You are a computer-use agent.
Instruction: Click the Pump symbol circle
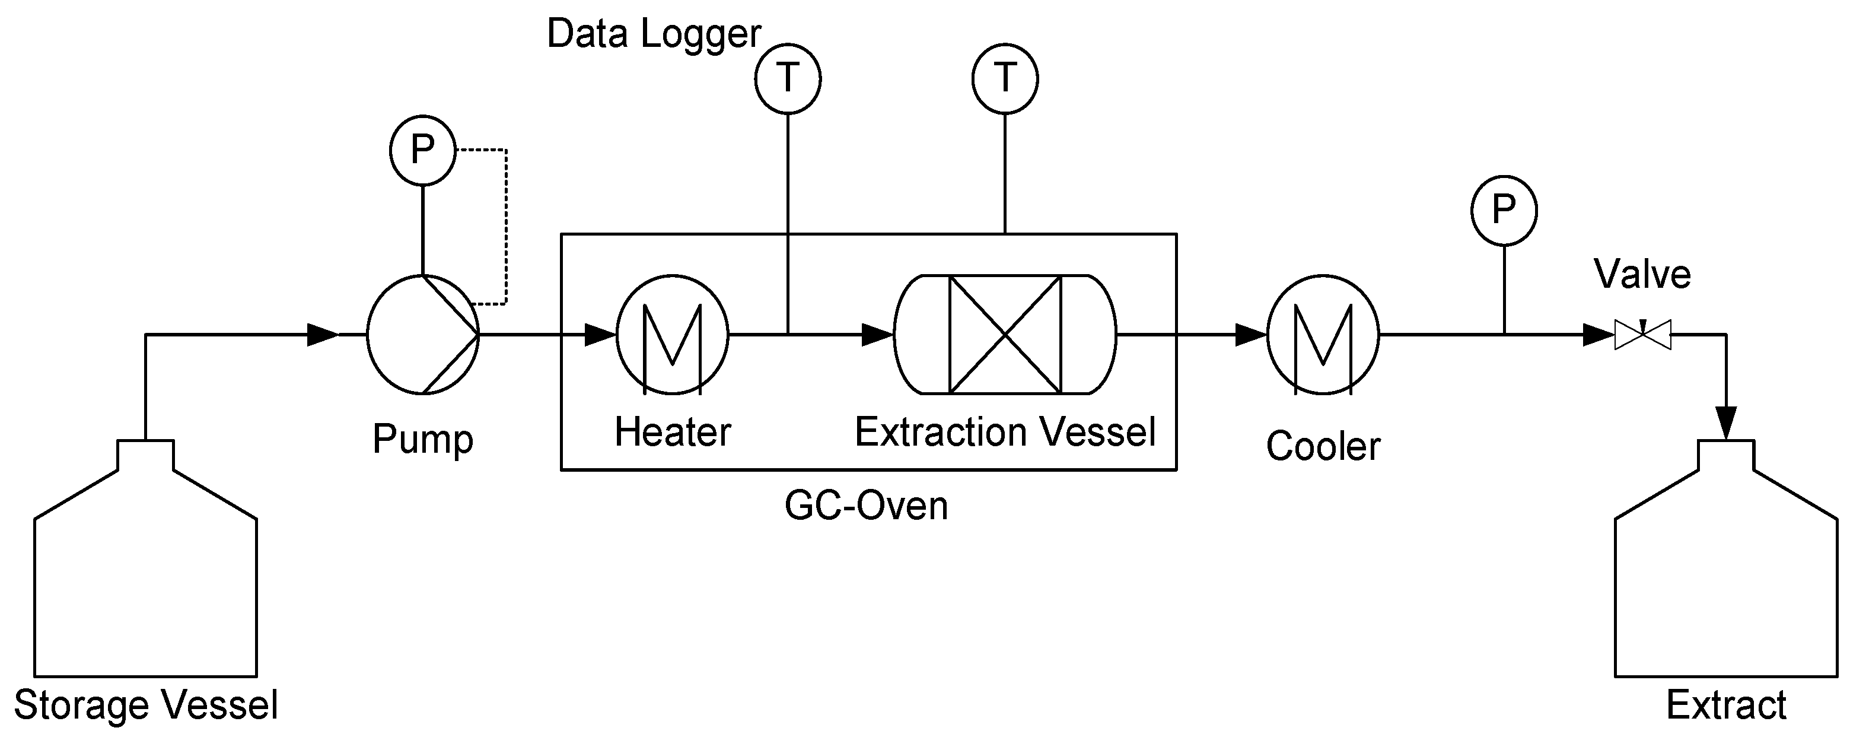[x=422, y=335]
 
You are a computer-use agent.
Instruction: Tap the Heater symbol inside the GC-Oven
[x=672, y=335]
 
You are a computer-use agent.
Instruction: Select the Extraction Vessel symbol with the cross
[x=1005, y=335]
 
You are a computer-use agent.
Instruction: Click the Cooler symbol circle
[x=1323, y=335]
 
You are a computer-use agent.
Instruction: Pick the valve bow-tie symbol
[x=1642, y=335]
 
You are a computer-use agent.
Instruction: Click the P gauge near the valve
[x=1504, y=209]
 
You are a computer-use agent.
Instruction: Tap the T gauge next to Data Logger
[x=788, y=79]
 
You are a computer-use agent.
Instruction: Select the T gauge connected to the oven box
[x=1005, y=79]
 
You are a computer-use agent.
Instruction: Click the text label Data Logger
[x=654, y=34]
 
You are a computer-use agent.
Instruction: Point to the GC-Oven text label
[x=866, y=506]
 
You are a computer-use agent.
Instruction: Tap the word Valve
[x=1642, y=274]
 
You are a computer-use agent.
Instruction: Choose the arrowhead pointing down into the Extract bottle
[x=1726, y=422]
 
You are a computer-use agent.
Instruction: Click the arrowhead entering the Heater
[x=600, y=335]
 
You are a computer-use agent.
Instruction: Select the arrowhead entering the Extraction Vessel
[x=877, y=335]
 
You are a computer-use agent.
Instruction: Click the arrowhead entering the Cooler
[x=1250, y=335]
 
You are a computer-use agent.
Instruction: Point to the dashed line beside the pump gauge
[x=507, y=226]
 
